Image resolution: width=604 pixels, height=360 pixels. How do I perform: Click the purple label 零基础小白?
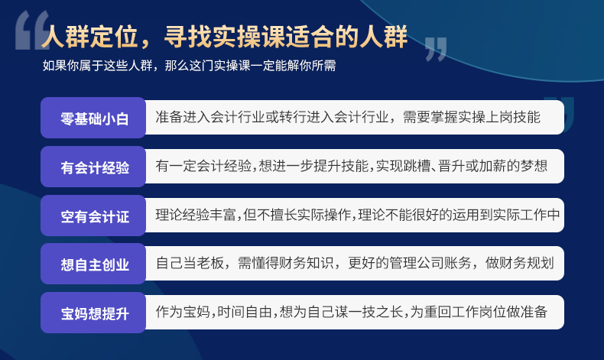click(x=93, y=118)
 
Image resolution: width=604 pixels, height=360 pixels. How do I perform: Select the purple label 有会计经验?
click(x=93, y=167)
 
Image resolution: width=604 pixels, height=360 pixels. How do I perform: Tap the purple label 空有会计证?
click(x=93, y=216)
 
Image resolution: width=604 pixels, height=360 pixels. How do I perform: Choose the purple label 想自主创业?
click(x=93, y=264)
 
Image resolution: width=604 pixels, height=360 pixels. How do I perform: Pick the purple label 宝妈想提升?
click(x=93, y=313)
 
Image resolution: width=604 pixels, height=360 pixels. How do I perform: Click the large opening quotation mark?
click(x=31, y=31)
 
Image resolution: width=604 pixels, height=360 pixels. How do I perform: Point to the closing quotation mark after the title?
click(x=436, y=49)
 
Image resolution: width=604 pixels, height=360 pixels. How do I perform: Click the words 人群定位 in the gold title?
click(x=89, y=37)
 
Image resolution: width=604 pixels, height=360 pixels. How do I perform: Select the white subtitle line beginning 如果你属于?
click(x=189, y=66)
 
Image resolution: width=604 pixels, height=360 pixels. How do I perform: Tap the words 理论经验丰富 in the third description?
click(x=196, y=215)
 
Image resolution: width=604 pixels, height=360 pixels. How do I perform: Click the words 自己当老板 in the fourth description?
click(x=190, y=263)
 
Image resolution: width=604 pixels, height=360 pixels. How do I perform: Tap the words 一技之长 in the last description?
click(x=376, y=312)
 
